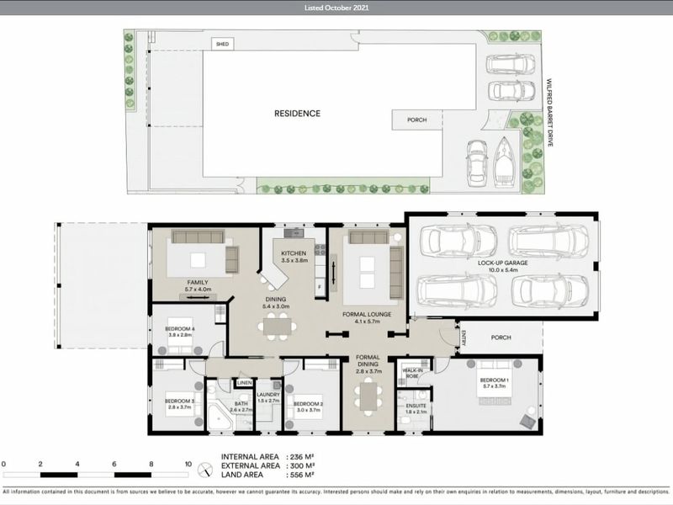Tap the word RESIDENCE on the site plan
click(x=297, y=113)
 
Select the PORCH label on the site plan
click(x=416, y=120)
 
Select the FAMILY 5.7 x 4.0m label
click(x=198, y=286)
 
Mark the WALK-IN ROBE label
click(x=412, y=373)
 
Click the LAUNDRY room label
click(x=268, y=397)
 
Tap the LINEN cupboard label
click(x=244, y=383)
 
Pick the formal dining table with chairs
click(x=368, y=396)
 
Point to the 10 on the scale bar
click(x=187, y=464)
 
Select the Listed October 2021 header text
click(x=336, y=8)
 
